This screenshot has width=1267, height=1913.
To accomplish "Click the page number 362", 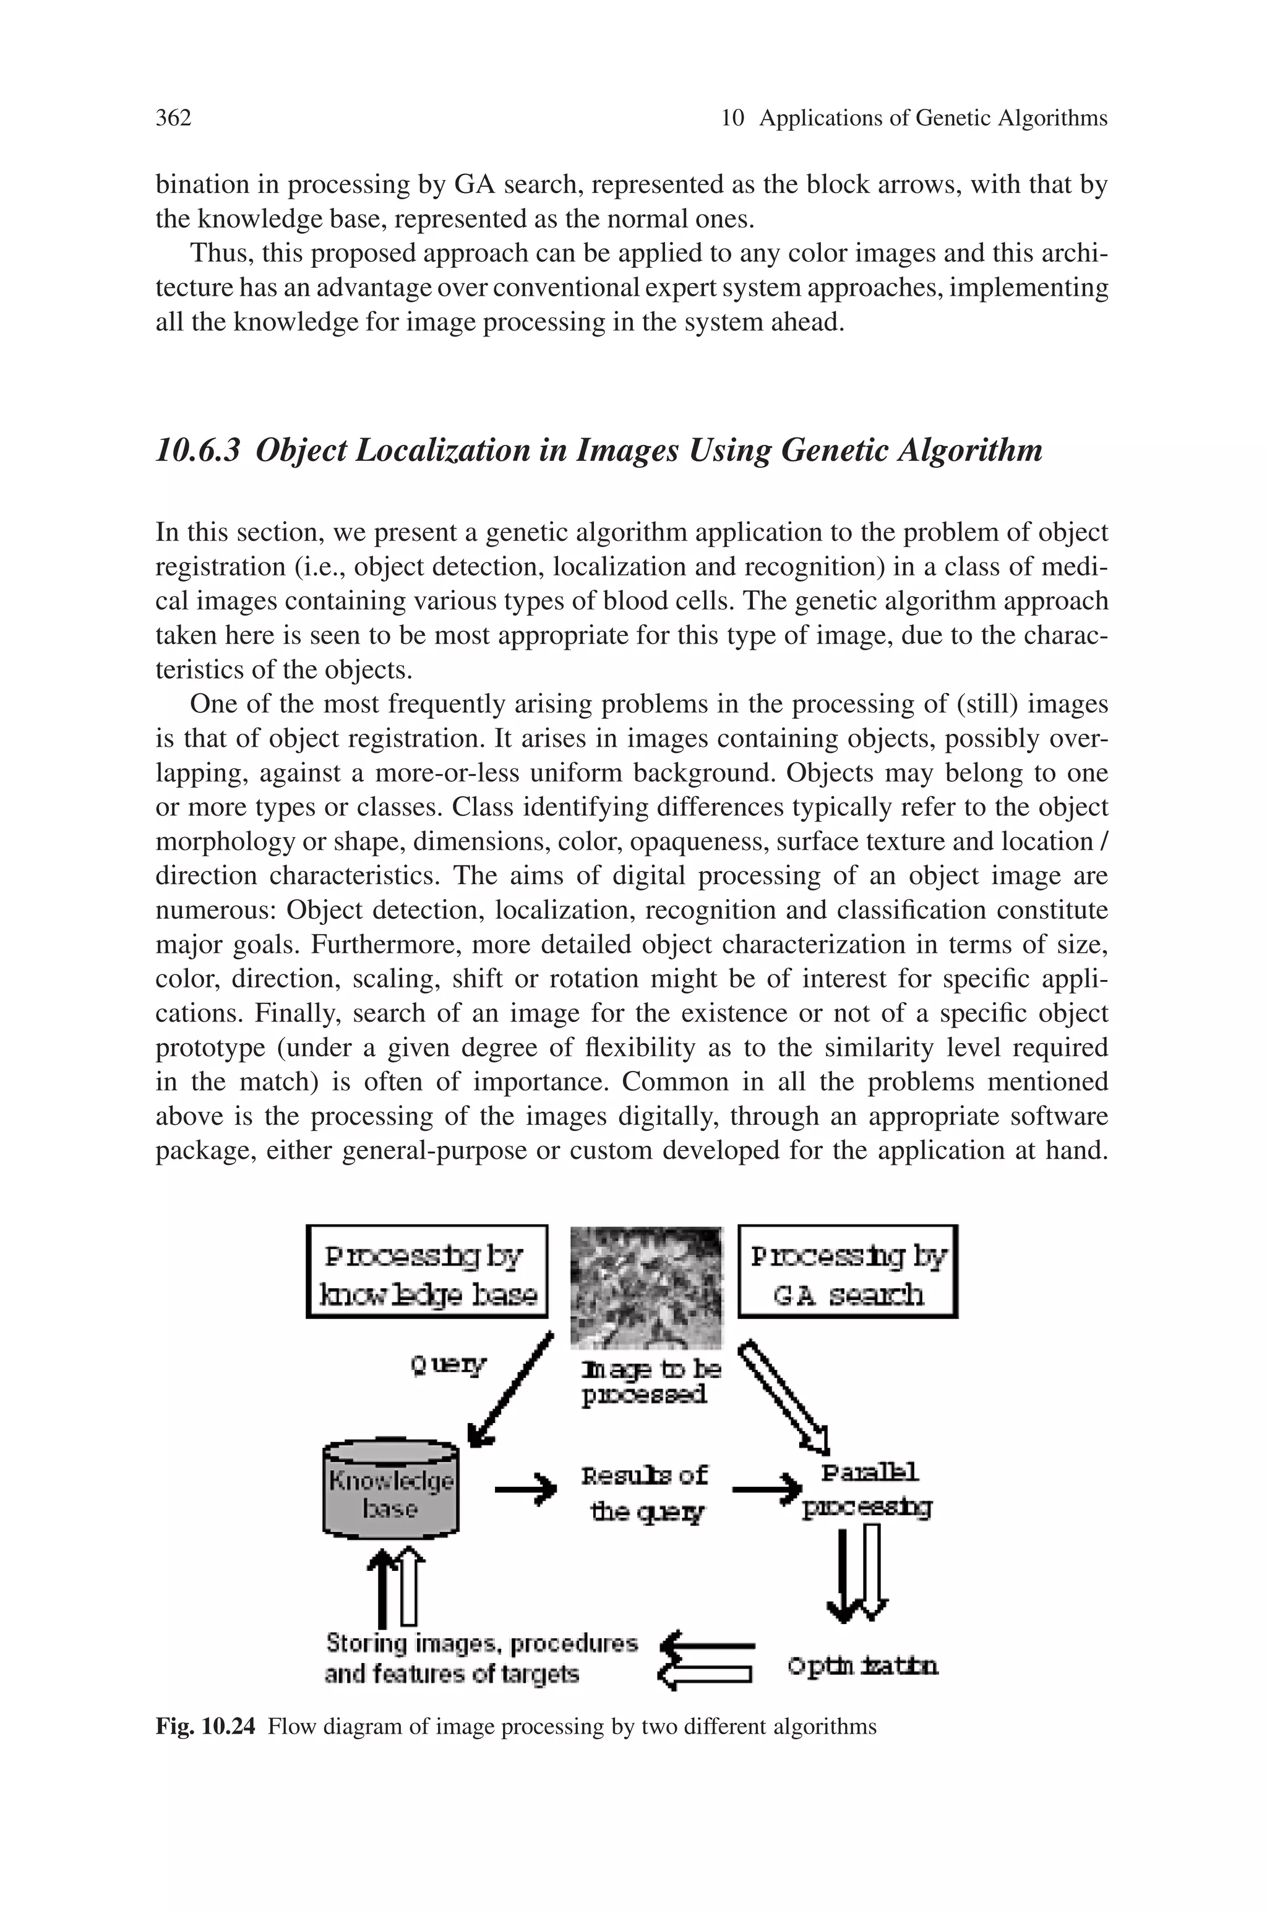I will (173, 119).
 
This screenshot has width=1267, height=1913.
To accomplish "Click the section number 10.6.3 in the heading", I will (198, 450).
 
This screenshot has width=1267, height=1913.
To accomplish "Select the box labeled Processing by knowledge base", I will (427, 1271).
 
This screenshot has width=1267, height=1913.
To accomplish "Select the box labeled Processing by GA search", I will (848, 1271).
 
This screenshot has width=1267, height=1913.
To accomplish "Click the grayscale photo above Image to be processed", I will (646, 1286).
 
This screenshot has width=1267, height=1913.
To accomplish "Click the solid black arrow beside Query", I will (512, 1391).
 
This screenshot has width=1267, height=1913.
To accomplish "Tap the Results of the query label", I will (645, 1493).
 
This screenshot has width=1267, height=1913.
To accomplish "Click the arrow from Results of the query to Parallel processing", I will (766, 1487).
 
